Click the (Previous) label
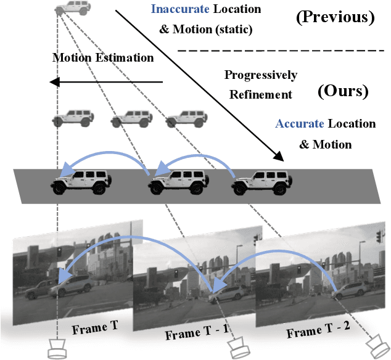coord(336,17)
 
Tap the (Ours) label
coord(342,91)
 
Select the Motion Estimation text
coord(102,58)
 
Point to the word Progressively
coord(261,75)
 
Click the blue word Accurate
coord(299,123)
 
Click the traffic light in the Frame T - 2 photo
coord(379,237)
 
